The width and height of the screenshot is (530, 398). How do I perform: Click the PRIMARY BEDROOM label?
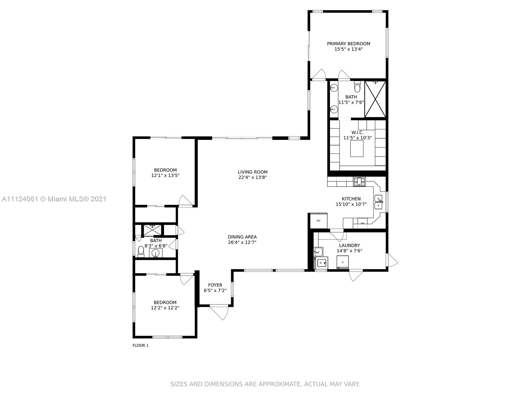coord(348,44)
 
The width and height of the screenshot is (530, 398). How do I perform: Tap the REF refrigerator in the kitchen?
coord(318,221)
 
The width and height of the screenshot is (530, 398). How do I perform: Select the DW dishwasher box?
coord(362,223)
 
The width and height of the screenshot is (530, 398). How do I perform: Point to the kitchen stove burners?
coord(359,182)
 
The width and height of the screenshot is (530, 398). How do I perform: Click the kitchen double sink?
coord(378,202)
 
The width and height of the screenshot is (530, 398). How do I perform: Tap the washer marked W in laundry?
coord(321,263)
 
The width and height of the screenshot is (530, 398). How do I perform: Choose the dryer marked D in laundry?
coord(343,262)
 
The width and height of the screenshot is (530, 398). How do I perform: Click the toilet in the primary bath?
coord(357,87)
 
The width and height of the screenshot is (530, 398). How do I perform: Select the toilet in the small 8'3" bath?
coord(141,252)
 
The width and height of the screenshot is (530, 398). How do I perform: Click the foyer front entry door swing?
coord(219,313)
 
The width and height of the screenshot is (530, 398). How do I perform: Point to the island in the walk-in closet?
coord(357,148)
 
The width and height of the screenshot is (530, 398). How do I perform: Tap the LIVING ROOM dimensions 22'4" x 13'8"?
coord(252,177)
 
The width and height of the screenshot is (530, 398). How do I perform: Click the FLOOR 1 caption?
coord(140,346)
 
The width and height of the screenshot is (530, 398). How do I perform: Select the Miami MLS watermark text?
coord(54,199)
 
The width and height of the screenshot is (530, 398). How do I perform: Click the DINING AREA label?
coord(242,237)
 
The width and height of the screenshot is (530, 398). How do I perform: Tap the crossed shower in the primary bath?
coord(375,99)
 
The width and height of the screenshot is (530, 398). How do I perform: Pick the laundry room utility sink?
coord(318,252)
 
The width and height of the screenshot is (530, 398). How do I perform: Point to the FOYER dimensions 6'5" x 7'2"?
coord(215,291)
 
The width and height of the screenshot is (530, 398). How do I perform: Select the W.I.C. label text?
coord(357,133)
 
